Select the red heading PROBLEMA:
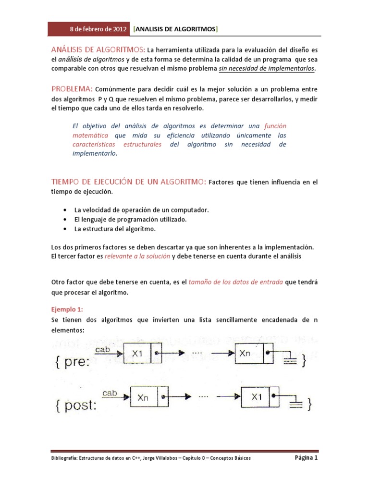(x=72, y=89)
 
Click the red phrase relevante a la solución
(x=137, y=257)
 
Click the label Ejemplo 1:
(x=70, y=309)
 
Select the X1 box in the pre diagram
(x=138, y=353)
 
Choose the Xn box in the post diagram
(x=143, y=397)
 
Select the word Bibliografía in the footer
(x=66, y=458)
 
